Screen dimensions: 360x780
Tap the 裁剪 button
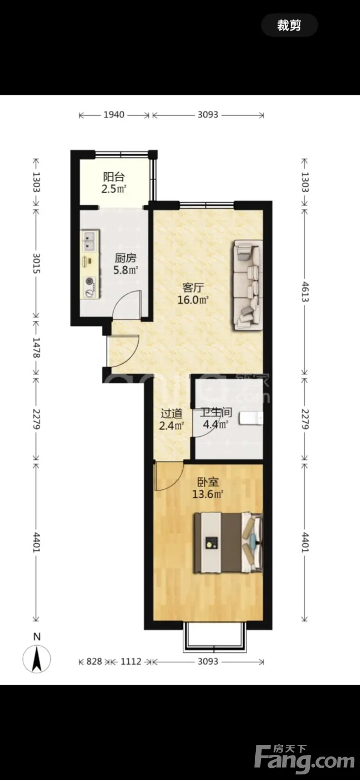pos(289,26)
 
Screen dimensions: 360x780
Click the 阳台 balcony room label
pos(114,177)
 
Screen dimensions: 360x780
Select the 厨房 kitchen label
pos(125,258)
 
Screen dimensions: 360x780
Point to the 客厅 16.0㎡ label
pos(193,294)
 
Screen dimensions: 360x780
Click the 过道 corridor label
pos(172,413)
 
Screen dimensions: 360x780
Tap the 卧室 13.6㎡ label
pos(208,488)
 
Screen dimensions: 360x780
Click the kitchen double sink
pos(90,241)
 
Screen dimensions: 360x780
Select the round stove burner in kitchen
pos(90,281)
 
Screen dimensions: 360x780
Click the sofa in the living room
pos(247,285)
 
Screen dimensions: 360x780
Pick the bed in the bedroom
pos(228,542)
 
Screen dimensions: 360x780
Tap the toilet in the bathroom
pos(250,418)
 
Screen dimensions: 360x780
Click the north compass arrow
pos(37,659)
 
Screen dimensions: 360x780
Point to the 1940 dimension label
pos(114,115)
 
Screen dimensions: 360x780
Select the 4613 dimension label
pos(304,292)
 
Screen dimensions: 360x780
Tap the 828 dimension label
pos(94,661)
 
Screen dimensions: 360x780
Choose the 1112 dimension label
pos(131,661)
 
